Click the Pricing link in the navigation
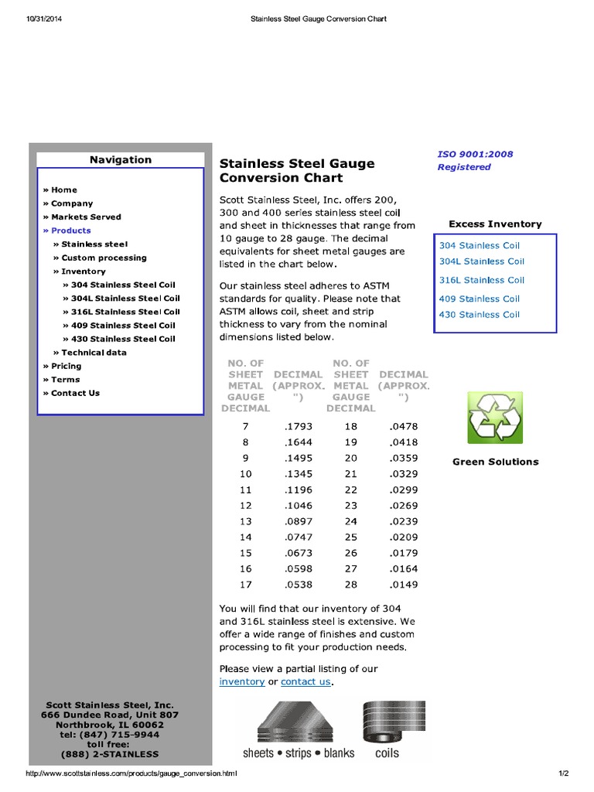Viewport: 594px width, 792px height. pyautogui.click(x=66, y=366)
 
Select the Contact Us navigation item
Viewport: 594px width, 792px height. pyautogui.click(x=75, y=393)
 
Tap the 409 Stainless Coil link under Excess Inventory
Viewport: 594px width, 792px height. pyautogui.click(x=480, y=299)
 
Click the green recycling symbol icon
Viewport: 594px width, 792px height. pyautogui.click(x=495, y=418)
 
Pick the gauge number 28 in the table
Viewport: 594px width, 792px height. pyautogui.click(x=350, y=584)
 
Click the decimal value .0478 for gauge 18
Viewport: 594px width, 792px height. pyautogui.click(x=404, y=426)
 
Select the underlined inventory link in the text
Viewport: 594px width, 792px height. pyautogui.click(x=242, y=681)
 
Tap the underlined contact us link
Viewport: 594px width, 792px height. pyautogui.click(x=306, y=681)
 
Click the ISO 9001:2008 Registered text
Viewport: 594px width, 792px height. pyautogui.click(x=475, y=160)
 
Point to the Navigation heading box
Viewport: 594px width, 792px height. pyautogui.click(x=120, y=160)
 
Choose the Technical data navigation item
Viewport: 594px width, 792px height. pyautogui.click(x=94, y=352)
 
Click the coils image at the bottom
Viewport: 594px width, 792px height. pyautogui.click(x=387, y=730)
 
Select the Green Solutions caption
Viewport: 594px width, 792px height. pyautogui.click(x=495, y=462)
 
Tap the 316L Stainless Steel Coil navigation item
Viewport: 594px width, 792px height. pyautogui.click(x=125, y=312)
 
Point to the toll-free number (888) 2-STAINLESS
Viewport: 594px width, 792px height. pyautogui.click(x=109, y=754)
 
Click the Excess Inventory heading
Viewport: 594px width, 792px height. pyautogui.click(x=495, y=224)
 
